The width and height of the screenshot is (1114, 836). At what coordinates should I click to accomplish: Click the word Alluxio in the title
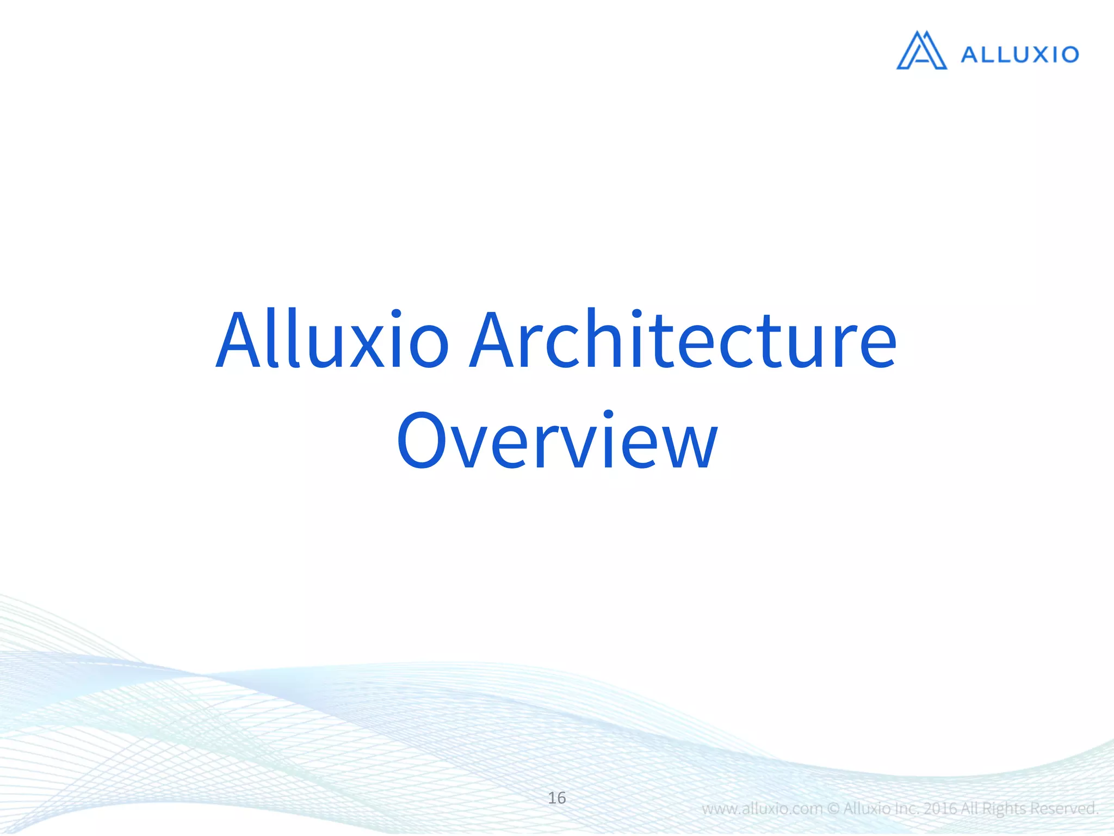(x=332, y=340)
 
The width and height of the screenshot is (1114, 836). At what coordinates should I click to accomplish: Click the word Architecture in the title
(x=683, y=340)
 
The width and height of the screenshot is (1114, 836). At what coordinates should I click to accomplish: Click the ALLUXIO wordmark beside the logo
(x=1019, y=54)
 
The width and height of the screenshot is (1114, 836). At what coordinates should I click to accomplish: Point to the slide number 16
(x=556, y=798)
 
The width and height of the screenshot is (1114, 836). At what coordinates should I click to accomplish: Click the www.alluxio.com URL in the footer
(x=762, y=809)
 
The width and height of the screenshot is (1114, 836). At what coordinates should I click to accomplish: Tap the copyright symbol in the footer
(x=833, y=809)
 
